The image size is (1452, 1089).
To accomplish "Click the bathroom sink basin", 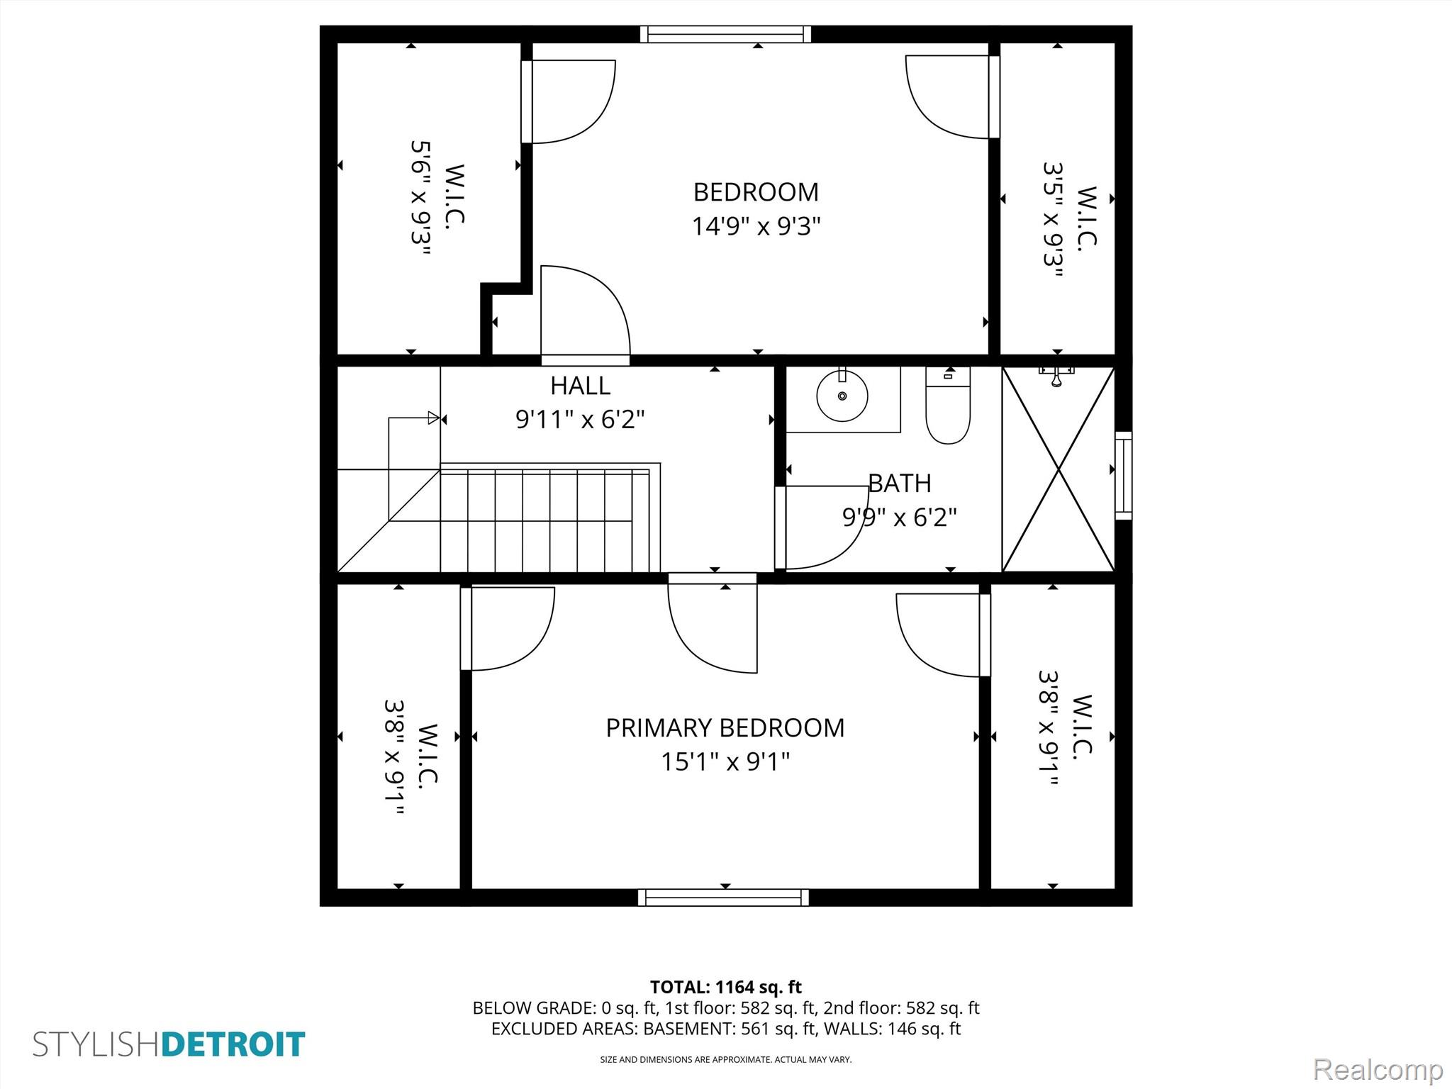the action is coord(842,396).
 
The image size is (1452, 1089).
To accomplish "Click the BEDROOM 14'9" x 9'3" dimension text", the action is coord(756,226).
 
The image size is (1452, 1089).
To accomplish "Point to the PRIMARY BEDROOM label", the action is coord(725,728).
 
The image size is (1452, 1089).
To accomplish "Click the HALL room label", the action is coord(580,386).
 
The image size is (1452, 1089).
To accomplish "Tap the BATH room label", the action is coord(900,484).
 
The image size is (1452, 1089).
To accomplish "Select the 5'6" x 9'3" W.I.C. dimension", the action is coord(421,197).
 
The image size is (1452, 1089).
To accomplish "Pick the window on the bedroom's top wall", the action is coord(725,34).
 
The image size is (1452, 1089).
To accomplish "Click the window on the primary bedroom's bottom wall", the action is coord(723,898).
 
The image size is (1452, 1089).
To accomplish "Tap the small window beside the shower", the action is coord(1124,476).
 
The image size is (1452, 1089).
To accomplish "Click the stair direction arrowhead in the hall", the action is coord(434,418).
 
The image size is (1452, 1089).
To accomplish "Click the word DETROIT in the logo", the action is coord(233,1045).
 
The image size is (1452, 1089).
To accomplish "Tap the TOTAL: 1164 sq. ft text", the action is coord(726,987).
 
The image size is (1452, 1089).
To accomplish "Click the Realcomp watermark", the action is coord(1378,1069).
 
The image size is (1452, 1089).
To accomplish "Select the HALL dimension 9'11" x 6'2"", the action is coord(580,420).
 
